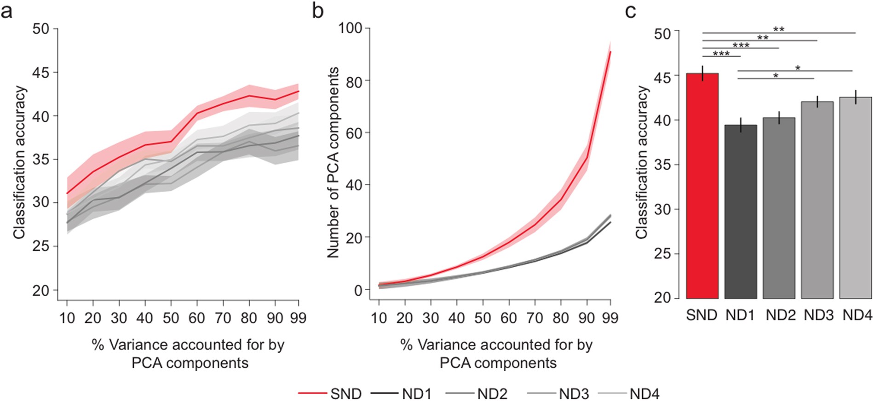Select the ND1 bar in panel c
pos(740,212)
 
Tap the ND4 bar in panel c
pos(855,198)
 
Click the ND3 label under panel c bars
pos(818,315)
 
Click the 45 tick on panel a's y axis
pos(40,72)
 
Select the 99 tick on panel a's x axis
pos(299,318)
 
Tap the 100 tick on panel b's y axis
pos(351,29)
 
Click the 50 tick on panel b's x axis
pos(483,318)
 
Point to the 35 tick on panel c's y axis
pos(663,165)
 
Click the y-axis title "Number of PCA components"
pos(333,162)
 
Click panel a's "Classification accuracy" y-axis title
pos(19,162)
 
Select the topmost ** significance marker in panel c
pos(778,29)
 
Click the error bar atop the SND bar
pos(702,73)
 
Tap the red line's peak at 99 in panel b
pos(610,52)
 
